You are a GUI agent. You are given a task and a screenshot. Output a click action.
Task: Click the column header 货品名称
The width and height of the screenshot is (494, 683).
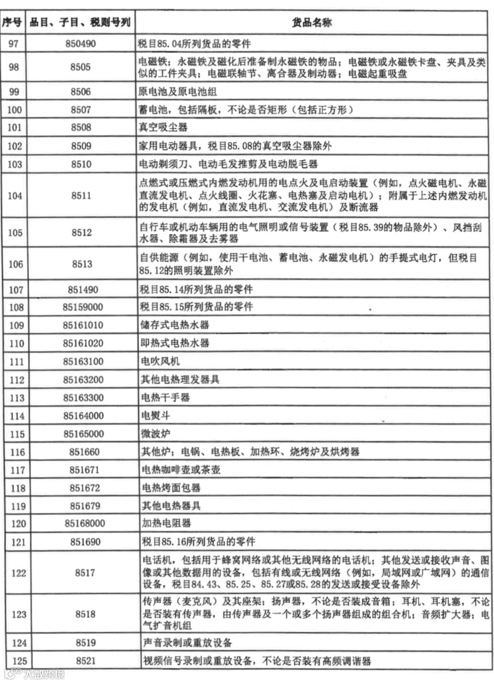311,22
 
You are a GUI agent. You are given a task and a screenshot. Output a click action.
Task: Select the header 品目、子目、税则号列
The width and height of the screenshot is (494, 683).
80,22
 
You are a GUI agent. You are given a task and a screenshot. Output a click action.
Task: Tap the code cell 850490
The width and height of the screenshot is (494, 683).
80,44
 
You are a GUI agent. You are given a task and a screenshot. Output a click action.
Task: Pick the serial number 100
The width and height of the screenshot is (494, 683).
14,110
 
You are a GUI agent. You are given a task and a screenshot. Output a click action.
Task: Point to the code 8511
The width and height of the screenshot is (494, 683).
81,195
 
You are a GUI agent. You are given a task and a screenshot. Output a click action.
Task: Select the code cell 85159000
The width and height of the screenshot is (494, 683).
82,307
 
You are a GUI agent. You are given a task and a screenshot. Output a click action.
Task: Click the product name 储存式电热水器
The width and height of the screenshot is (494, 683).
174,325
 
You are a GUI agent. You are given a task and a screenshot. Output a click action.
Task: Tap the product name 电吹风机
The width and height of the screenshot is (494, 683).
160,361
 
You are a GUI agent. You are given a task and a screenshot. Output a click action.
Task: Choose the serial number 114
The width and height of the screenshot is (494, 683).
17,416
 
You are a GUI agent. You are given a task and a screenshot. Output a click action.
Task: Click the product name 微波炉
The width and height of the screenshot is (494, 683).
155,434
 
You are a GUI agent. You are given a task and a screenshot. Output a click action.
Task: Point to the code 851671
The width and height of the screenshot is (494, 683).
84,470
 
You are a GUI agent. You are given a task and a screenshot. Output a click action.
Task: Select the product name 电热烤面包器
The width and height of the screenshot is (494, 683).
171,488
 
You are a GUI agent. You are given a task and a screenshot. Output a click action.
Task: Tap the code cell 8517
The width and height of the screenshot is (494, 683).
85,572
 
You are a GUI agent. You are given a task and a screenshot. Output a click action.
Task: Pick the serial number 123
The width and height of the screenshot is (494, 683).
19,614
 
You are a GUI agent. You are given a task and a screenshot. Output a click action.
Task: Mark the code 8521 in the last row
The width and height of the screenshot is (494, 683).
86,661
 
